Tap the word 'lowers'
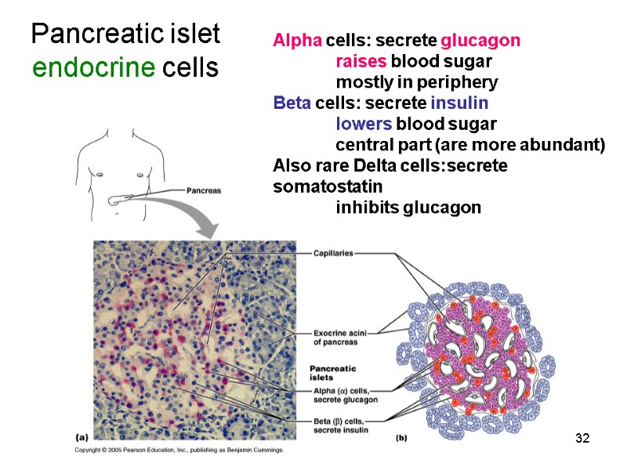(x=364, y=125)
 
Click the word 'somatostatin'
(x=327, y=187)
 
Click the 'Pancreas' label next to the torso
(x=204, y=190)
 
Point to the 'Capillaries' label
(x=333, y=253)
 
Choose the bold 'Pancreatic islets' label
(x=332, y=372)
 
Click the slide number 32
(x=581, y=436)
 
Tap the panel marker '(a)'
(x=81, y=436)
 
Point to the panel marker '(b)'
(x=400, y=438)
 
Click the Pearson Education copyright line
(x=179, y=450)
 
